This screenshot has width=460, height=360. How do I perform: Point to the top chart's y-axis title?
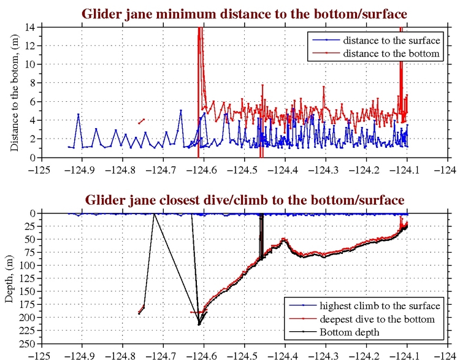pos(14,93)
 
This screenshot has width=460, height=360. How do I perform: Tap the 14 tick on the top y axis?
pos(30,28)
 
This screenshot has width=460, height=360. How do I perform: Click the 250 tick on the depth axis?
pos(28,343)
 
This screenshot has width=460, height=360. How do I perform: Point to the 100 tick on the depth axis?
pos(28,265)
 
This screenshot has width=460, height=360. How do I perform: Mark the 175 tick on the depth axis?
pos(28,304)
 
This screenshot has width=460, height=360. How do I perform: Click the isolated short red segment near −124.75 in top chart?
pos(142,121)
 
